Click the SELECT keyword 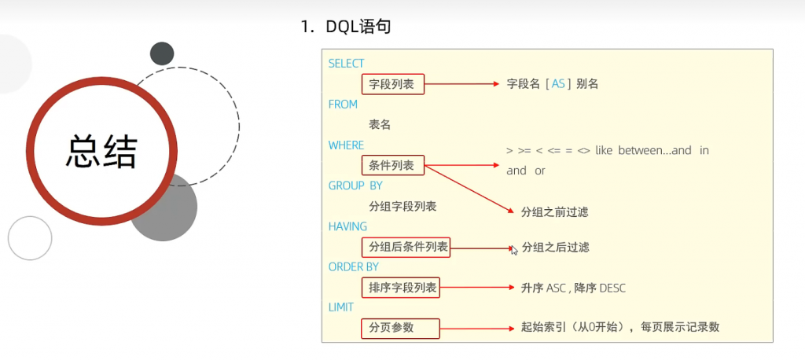(x=346, y=64)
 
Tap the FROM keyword (x=343, y=105)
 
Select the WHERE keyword (x=346, y=145)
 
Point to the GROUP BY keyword (x=355, y=186)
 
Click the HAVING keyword (x=347, y=226)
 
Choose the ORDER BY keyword (x=353, y=267)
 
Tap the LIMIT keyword (x=341, y=307)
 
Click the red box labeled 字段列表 (x=392, y=84)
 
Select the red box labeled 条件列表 (x=392, y=166)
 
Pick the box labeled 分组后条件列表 (x=406, y=248)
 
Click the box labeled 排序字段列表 (x=401, y=288)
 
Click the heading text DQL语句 (x=358, y=28)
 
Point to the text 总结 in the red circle (x=102, y=152)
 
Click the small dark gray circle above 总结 (x=162, y=53)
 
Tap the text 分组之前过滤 (x=555, y=212)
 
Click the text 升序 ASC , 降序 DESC (x=573, y=288)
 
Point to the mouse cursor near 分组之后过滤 (x=513, y=249)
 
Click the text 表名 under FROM (x=380, y=125)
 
